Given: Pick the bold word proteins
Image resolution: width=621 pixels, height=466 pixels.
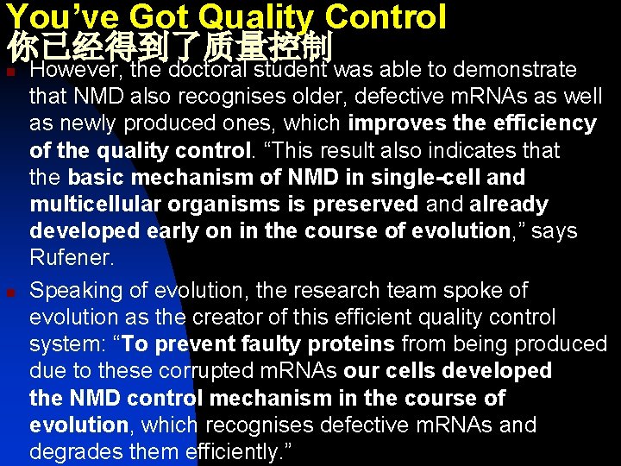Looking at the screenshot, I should click(x=349, y=344).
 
